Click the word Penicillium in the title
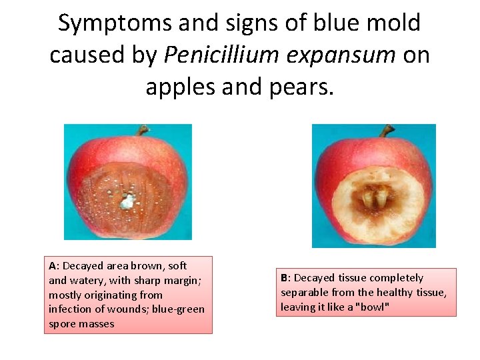tap(211, 55)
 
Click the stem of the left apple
tap(141, 130)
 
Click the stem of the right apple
tap(386, 131)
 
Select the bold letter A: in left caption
tap(54, 265)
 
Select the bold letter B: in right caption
tap(285, 277)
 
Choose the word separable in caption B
tap(304, 292)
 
